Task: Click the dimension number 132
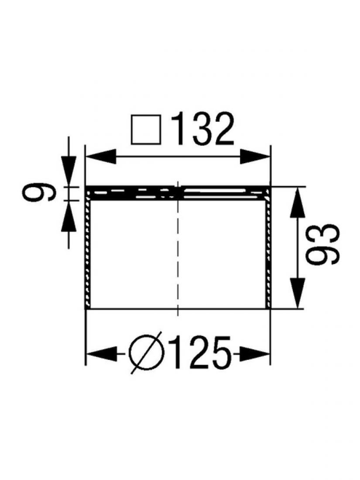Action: coord(202,129)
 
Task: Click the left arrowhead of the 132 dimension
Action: coord(101,157)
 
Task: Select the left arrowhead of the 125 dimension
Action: coord(102,354)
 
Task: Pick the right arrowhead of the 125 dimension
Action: coord(254,354)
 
